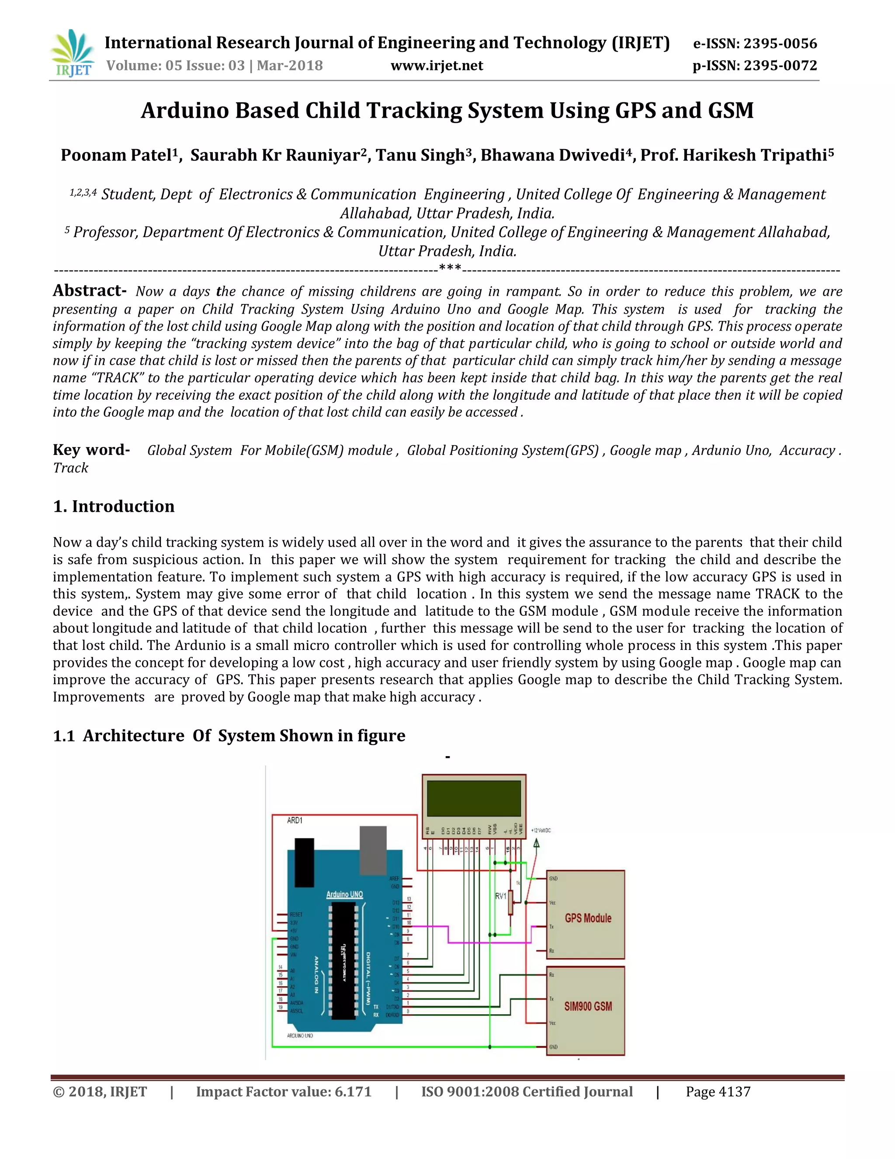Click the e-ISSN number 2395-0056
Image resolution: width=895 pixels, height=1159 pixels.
click(781, 43)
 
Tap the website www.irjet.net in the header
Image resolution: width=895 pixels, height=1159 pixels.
click(437, 66)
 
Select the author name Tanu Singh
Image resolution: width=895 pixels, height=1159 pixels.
click(420, 155)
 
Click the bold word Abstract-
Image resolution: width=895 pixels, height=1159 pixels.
click(89, 291)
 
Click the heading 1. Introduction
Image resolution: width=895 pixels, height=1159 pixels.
click(114, 506)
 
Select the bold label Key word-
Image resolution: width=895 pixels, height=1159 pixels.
click(90, 450)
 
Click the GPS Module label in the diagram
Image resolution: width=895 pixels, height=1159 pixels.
click(587, 918)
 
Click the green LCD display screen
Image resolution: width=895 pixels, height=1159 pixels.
click(473, 798)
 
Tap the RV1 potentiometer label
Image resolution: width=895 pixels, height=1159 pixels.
click(500, 896)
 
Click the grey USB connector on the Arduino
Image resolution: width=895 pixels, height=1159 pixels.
click(373, 850)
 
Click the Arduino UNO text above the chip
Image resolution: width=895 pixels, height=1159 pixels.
click(344, 894)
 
